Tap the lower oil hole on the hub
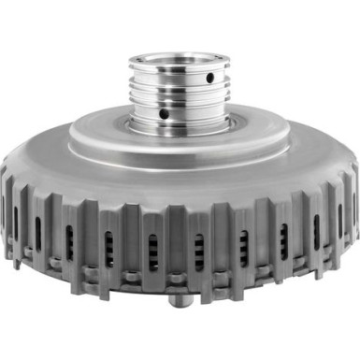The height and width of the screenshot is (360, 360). click(x=164, y=113)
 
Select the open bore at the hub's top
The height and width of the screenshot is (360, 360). click(x=179, y=59)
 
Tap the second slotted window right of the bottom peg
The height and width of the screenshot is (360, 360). click(x=241, y=247)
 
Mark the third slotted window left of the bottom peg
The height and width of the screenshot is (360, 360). click(x=69, y=241)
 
